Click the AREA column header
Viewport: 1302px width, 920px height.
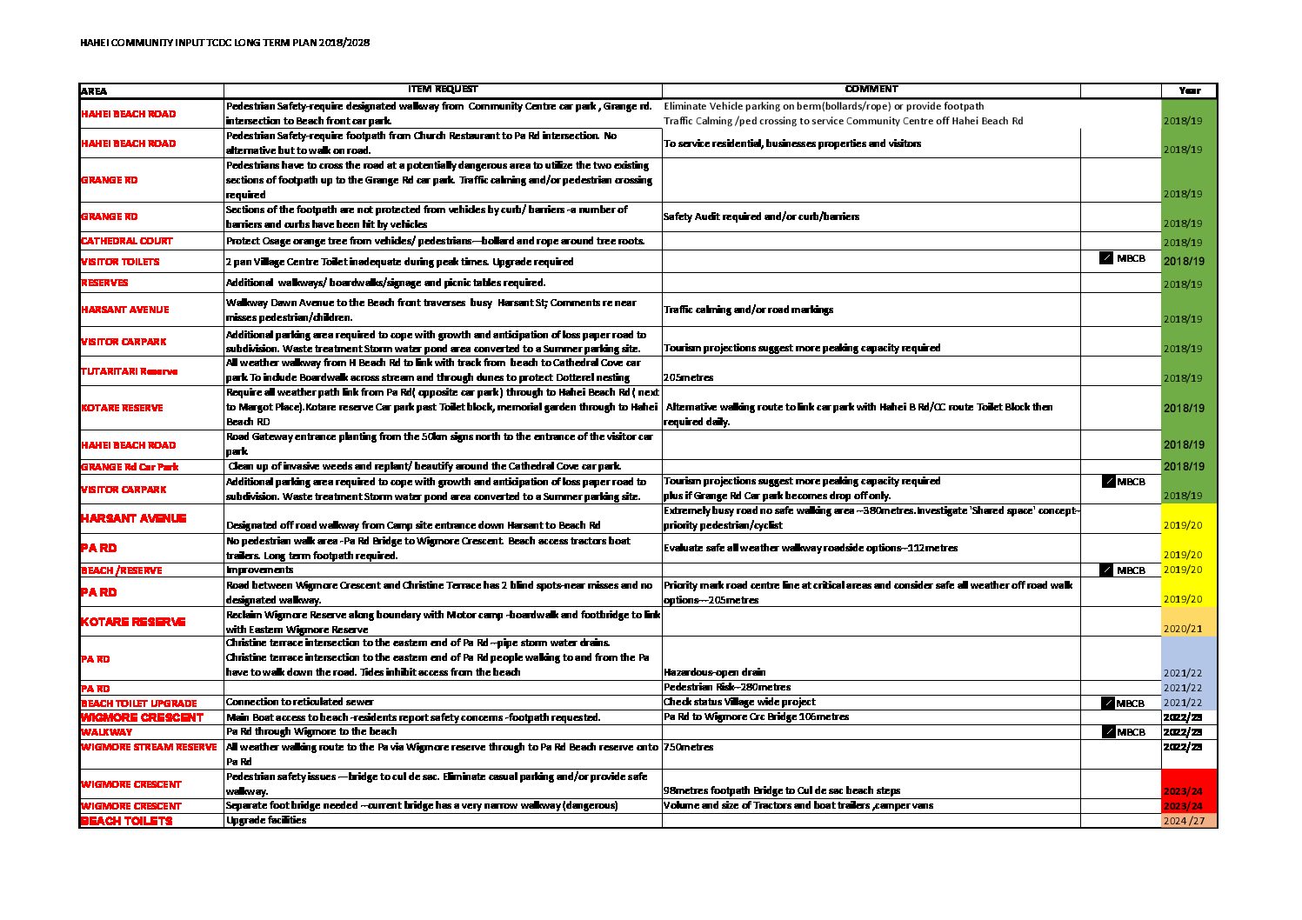coord(94,90)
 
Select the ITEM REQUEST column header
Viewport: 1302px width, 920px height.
coord(443,89)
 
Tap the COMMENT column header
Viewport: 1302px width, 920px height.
coord(871,89)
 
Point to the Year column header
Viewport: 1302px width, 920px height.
coord(1189,90)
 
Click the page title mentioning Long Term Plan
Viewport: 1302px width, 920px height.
coord(224,43)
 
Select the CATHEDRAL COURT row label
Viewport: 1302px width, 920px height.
coord(127,241)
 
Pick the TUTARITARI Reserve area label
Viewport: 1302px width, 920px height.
coord(129,371)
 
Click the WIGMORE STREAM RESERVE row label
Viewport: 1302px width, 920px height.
coord(149,747)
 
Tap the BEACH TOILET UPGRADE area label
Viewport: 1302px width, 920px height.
coord(139,703)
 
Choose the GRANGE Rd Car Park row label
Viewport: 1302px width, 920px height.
coord(130,467)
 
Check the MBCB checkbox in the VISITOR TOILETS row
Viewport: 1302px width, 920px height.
coord(1106,258)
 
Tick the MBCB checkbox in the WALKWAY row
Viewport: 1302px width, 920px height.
coord(1109,732)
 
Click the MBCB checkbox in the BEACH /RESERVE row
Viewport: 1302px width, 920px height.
coord(1106,570)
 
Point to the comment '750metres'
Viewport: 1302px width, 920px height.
coord(689,747)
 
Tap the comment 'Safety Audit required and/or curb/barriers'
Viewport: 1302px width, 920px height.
coord(761,217)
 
